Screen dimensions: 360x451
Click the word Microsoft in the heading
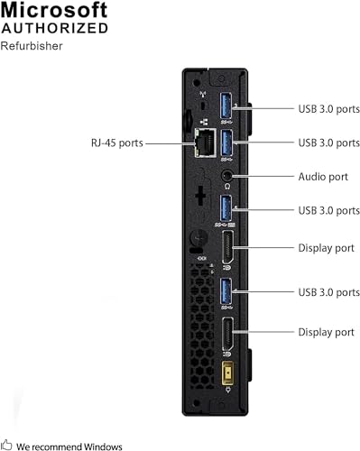point(55,11)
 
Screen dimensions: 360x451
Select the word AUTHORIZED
point(55,29)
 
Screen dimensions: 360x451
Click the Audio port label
point(323,177)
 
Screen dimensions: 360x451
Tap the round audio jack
point(226,177)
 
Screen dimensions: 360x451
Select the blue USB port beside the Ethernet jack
point(226,142)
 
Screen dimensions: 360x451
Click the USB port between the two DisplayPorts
point(226,292)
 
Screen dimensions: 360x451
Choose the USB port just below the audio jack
point(226,210)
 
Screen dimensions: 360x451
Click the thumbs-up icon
point(7,445)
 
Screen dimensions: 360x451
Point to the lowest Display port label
point(326,333)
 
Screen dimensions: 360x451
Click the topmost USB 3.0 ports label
point(329,109)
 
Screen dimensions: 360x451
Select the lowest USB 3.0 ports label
point(329,291)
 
